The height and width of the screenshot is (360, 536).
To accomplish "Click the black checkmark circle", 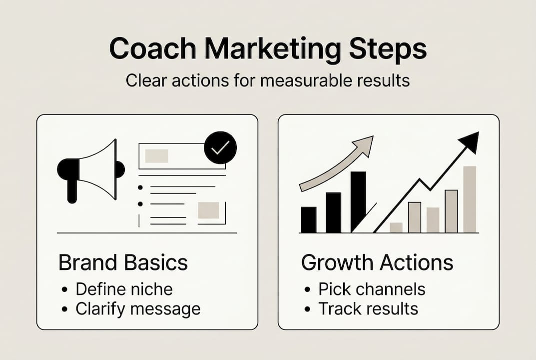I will [x=220, y=147].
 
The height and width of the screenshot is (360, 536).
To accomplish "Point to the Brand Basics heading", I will [x=123, y=263].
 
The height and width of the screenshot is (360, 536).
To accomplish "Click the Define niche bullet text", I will [x=124, y=288].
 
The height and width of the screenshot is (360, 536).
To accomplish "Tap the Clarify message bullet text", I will [x=138, y=308].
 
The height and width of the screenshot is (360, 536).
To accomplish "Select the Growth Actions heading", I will [x=377, y=263].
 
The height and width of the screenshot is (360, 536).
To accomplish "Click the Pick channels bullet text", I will [x=372, y=288].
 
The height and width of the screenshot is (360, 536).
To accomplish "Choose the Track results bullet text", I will [x=368, y=308].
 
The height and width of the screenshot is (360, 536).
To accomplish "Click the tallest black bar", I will [x=358, y=201].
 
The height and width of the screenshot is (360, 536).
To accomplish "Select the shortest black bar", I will [x=309, y=219].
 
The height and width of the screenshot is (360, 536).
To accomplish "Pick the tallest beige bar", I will [x=470, y=199].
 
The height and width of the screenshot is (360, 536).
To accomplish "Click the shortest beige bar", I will [x=396, y=227].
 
